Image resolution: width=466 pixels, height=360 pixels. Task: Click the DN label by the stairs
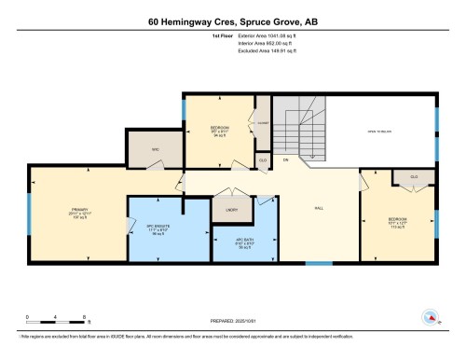coord(287,159)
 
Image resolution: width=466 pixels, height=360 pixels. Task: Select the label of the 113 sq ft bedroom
coord(398,219)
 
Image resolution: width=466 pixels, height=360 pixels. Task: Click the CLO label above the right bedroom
coord(413,176)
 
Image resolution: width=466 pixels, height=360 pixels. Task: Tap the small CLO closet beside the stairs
coord(263,160)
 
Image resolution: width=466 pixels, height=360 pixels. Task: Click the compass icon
coord(432,317)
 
